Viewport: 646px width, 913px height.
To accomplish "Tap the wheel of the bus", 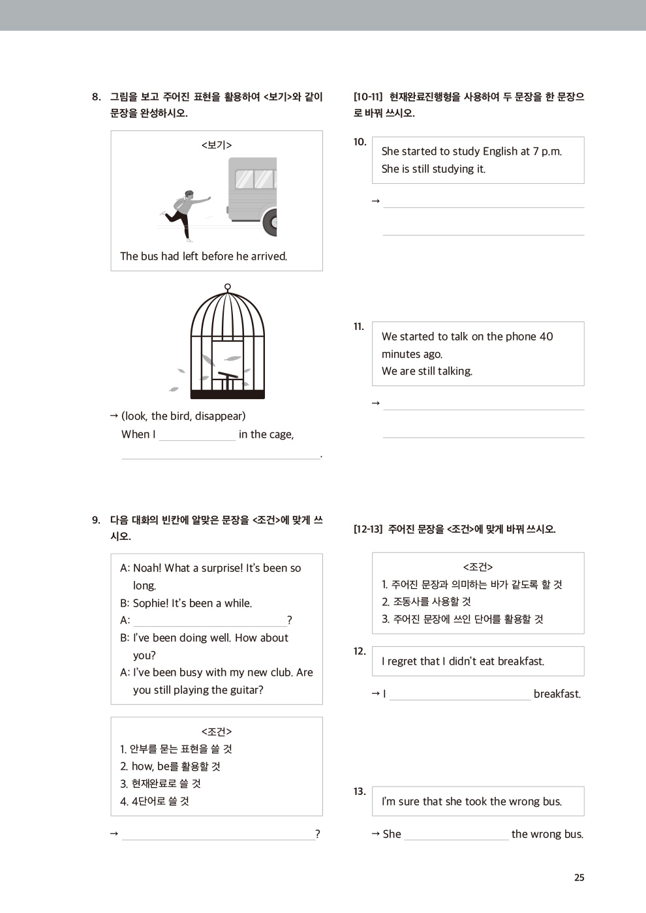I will pyautogui.click(x=270, y=222).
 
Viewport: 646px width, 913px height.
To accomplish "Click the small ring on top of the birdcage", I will pyautogui.click(x=227, y=287).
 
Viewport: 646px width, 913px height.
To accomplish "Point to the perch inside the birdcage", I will pyautogui.click(x=227, y=376).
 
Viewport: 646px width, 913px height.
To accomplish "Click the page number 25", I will pyautogui.click(x=579, y=878).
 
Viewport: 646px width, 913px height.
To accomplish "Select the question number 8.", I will pyautogui.click(x=97, y=97).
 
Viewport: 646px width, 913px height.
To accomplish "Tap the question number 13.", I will pyautogui.click(x=360, y=792).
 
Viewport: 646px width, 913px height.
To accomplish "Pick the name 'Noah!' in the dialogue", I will pyautogui.click(x=147, y=568).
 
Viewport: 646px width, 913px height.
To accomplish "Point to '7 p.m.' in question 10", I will pyautogui.click(x=547, y=151).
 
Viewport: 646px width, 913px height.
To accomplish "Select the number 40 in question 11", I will pyautogui.click(x=546, y=337).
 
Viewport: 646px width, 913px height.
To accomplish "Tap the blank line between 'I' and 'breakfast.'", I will pyautogui.click(x=459, y=695).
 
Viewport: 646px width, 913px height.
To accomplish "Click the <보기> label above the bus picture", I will pyautogui.click(x=217, y=145).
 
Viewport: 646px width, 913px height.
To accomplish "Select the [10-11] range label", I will pyautogui.click(x=368, y=97).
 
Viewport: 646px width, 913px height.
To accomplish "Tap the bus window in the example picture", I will pyautogui.click(x=254, y=179).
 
